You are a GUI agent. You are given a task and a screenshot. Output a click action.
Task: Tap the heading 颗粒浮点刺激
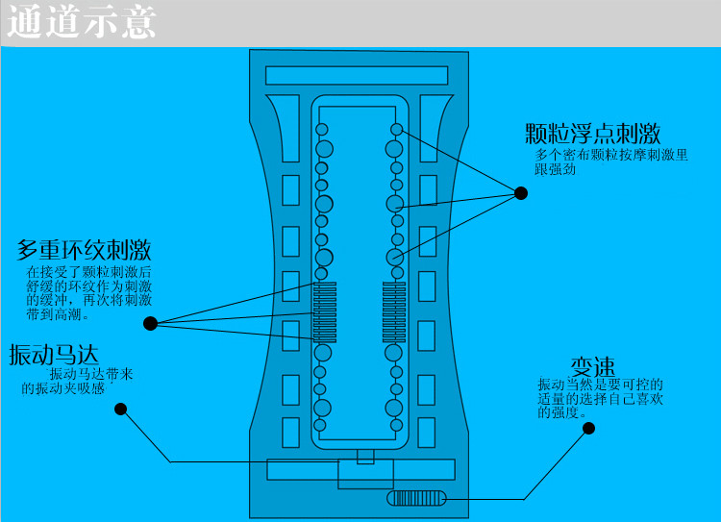point(592,133)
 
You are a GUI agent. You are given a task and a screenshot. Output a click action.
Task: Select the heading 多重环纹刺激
point(84,251)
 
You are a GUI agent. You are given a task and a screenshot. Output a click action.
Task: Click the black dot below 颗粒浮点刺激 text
point(521,193)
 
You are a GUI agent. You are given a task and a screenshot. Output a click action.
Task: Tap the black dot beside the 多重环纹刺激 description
point(150,323)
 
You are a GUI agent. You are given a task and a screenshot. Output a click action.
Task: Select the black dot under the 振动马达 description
point(120,409)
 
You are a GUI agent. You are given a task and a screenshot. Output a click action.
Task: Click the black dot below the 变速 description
point(588,430)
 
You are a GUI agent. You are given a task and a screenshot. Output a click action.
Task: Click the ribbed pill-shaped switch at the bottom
point(417,498)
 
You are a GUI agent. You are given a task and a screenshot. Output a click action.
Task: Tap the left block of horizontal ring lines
point(324,311)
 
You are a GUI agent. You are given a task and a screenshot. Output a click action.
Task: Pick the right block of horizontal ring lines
point(394,311)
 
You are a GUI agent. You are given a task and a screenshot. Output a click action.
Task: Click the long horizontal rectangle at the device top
point(357,75)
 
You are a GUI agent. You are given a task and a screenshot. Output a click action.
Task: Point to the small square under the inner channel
point(365,456)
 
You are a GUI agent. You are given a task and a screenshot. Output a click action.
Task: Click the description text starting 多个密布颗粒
point(612,154)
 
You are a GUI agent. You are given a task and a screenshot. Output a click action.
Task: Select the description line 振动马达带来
point(90,374)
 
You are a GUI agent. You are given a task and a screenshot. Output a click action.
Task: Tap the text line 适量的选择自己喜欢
point(601,398)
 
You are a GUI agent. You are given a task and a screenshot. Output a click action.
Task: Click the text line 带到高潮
point(58,313)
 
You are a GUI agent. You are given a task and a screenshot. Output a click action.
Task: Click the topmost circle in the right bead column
point(396,129)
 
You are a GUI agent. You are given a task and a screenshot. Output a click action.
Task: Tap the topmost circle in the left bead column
point(322,129)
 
